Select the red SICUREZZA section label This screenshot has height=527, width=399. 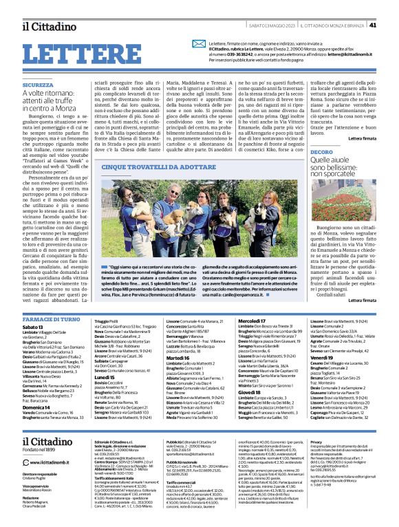(38, 85)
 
